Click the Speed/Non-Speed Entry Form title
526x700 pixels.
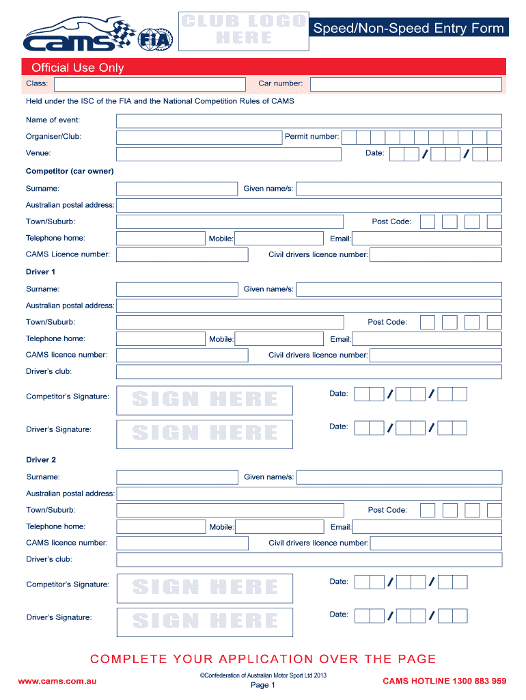tap(409, 28)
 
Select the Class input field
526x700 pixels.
tap(149, 84)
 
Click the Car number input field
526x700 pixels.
tap(406, 85)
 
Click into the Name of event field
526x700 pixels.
tap(309, 121)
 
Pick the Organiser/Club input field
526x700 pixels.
tap(199, 137)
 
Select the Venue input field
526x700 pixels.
tap(228, 154)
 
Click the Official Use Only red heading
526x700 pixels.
tap(74, 68)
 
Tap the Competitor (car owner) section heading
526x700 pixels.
tap(70, 171)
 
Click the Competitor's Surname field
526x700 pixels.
tap(177, 189)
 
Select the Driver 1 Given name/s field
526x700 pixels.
tap(399, 290)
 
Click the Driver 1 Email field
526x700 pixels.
tap(426, 339)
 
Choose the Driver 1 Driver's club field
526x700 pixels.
tap(309, 372)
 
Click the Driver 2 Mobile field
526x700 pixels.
tap(279, 527)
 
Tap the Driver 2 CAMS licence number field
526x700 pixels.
tap(182, 543)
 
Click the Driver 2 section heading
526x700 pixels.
tap(42, 460)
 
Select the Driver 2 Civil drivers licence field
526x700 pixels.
tap(436, 543)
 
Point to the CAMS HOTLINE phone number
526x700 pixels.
tap(444, 681)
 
